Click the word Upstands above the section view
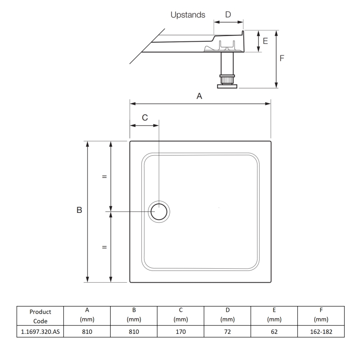click(x=188, y=15)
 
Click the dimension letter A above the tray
click(x=200, y=95)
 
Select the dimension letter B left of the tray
click(x=79, y=210)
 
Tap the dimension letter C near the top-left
click(x=144, y=117)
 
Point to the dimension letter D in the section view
click(x=228, y=14)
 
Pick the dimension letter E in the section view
click(x=265, y=41)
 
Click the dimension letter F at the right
click(x=282, y=58)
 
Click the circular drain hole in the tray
click(x=159, y=211)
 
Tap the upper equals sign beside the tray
click(x=104, y=176)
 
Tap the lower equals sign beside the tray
click(x=104, y=247)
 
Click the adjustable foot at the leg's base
click(x=227, y=84)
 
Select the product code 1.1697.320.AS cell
click(x=39, y=332)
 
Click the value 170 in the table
click(x=180, y=332)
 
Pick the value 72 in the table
click(x=227, y=332)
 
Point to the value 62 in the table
click(x=274, y=332)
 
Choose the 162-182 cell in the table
click(x=321, y=332)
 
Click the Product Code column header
click(x=39, y=316)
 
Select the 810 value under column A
click(x=86, y=332)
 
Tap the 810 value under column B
click(x=133, y=332)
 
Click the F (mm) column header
click(x=321, y=315)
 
